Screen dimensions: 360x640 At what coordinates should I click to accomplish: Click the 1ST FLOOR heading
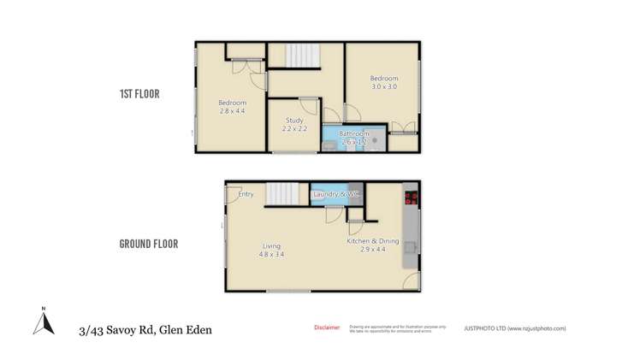[139, 94]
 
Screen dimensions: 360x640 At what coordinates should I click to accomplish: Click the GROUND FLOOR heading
[148, 244]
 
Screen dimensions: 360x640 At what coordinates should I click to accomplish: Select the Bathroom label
[353, 134]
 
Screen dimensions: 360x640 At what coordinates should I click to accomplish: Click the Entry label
[246, 194]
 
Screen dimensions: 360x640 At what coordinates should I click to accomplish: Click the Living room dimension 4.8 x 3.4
[272, 254]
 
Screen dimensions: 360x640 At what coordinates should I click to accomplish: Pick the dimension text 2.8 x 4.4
[232, 111]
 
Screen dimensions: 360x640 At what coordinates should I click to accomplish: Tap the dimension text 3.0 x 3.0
[384, 87]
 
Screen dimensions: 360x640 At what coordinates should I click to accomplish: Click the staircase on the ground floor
[279, 194]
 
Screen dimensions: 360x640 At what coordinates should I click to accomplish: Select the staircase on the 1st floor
[300, 56]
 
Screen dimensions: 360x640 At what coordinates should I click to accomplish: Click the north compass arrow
[43, 322]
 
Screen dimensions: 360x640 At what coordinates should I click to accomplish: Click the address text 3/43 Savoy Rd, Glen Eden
[145, 329]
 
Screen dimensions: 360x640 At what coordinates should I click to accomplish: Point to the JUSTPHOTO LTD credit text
[514, 328]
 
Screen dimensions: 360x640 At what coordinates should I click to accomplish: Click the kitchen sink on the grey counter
[411, 248]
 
